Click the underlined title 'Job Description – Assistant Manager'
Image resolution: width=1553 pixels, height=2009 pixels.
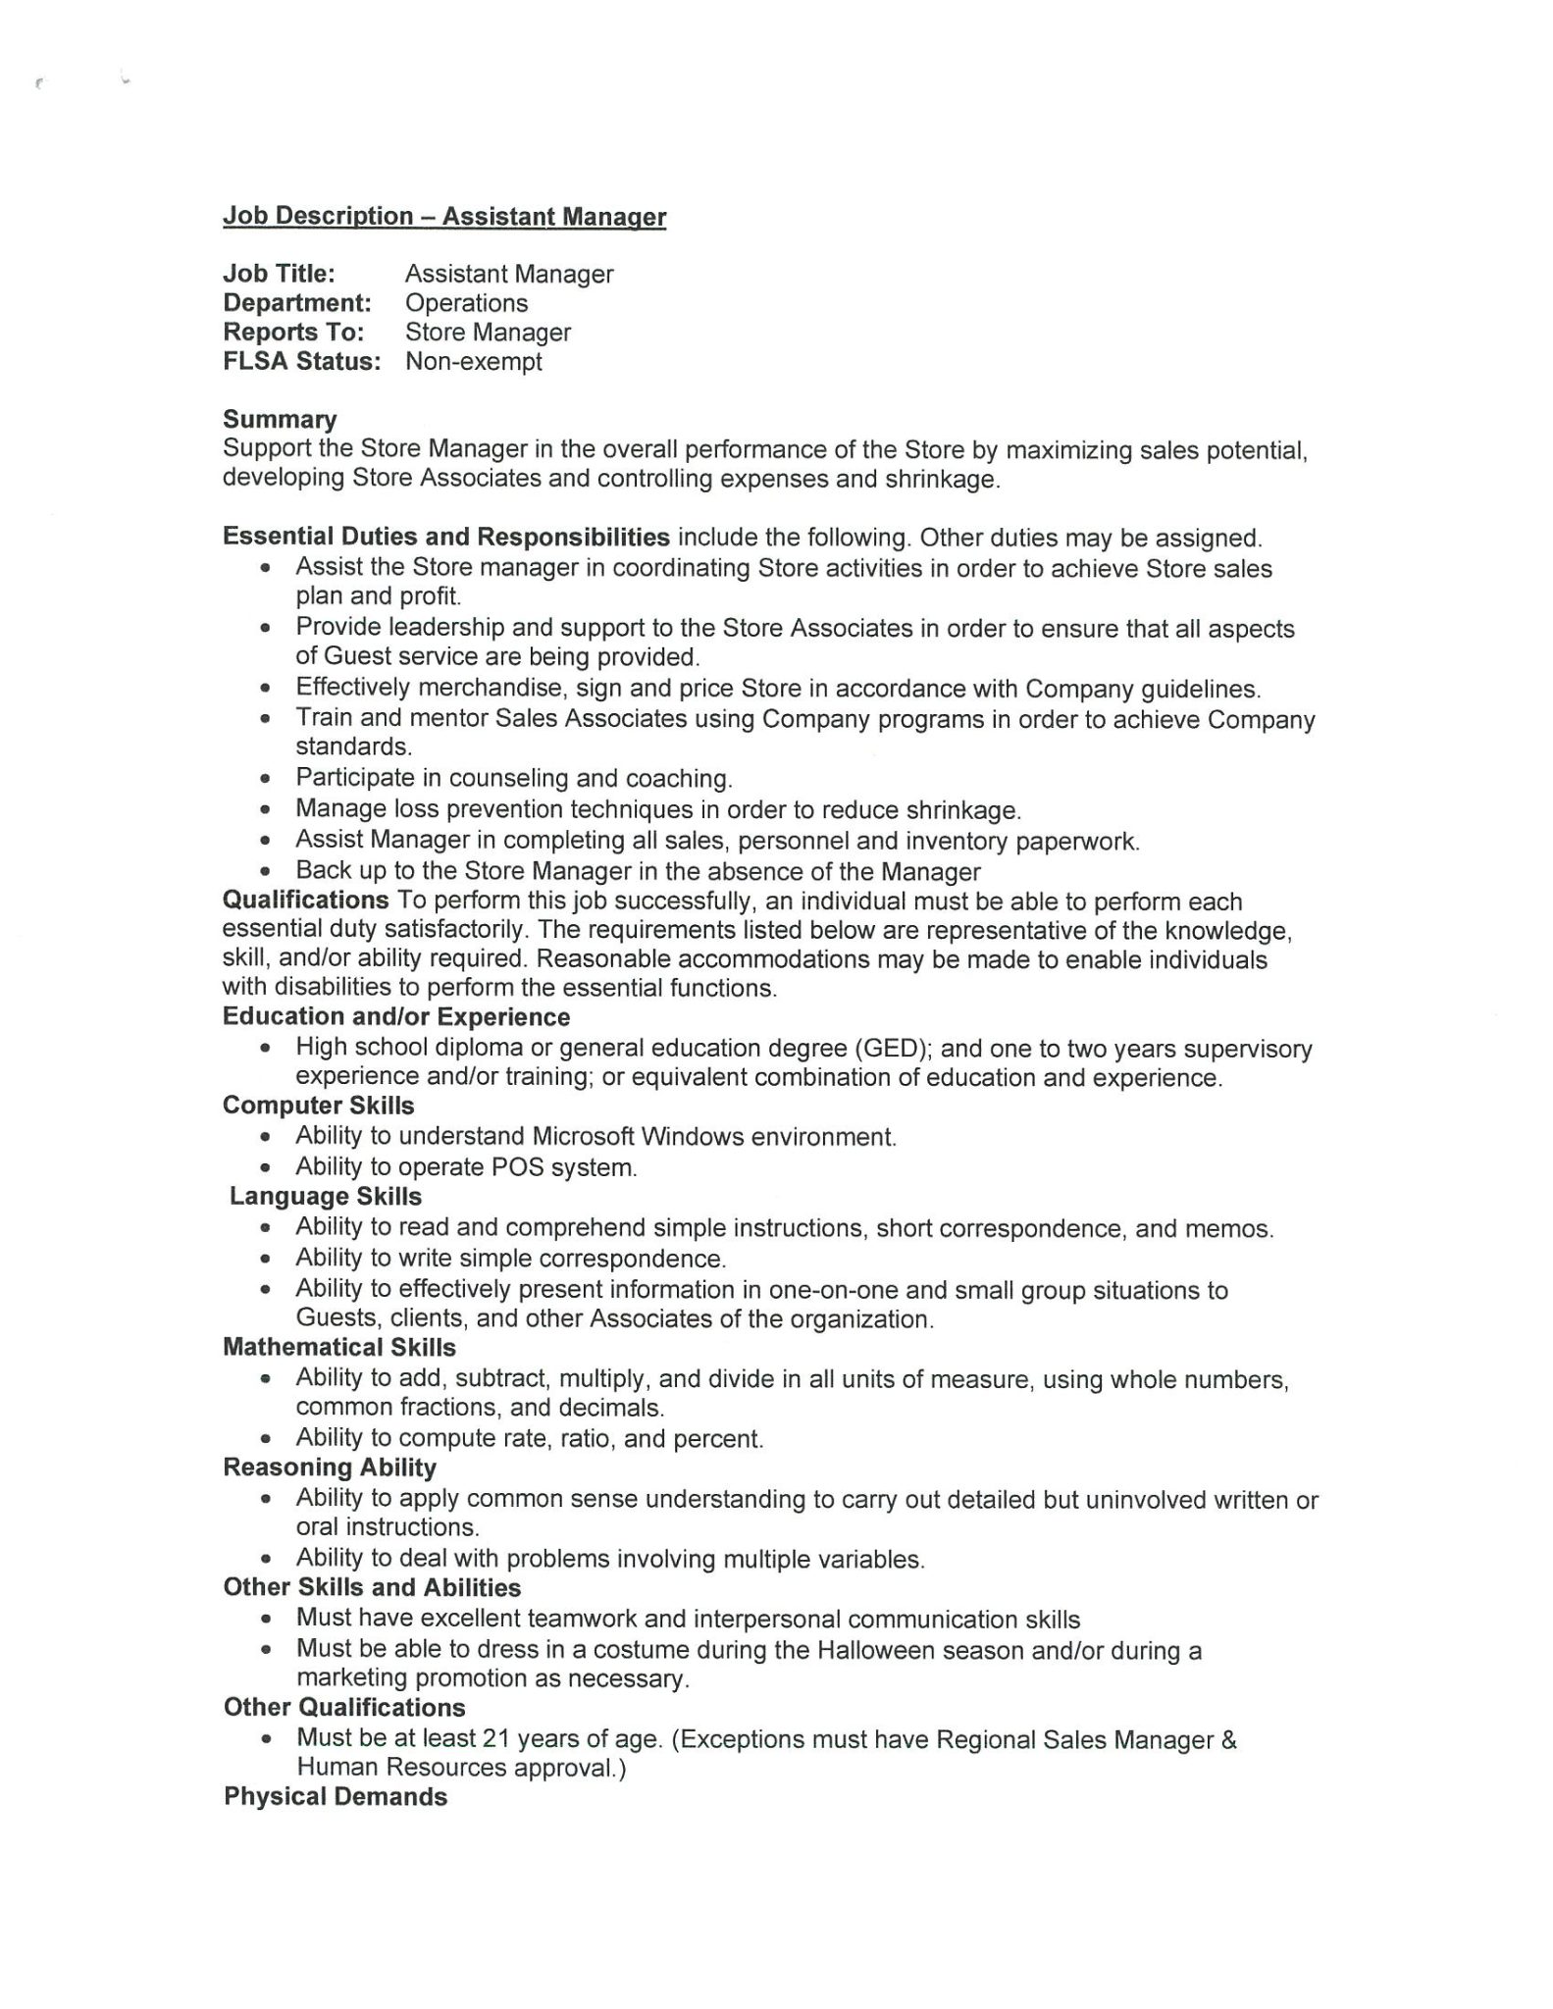[444, 217]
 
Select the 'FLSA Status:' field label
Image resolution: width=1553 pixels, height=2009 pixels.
[301, 362]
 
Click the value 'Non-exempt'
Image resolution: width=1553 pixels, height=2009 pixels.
[473, 362]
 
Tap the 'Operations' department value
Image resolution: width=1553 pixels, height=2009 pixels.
[466, 303]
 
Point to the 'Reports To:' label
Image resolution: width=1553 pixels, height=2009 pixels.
[293, 333]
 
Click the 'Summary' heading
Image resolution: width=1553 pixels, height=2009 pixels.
[280, 420]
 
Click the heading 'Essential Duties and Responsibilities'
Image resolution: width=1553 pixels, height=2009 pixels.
[446, 538]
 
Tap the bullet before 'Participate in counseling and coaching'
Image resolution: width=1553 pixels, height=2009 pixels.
[265, 780]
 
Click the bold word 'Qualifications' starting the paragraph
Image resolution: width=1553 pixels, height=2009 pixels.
[305, 901]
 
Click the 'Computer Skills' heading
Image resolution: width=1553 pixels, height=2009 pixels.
[318, 1106]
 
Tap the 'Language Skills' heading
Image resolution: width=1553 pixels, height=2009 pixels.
[326, 1197]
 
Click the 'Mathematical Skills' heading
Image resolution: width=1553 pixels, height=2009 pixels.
[339, 1347]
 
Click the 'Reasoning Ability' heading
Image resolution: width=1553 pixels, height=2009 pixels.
[330, 1468]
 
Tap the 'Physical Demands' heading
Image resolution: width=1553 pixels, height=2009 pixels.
[336, 1797]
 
